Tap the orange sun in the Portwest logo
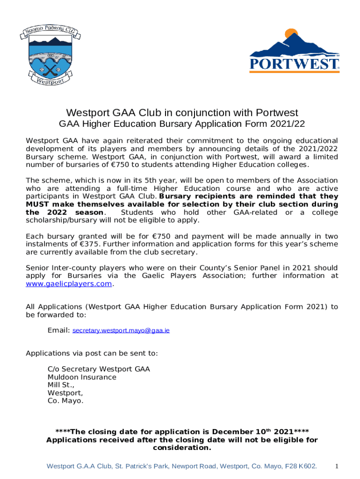pos(292,34)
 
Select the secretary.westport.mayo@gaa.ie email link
pos(121,330)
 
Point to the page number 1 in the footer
pos(336,466)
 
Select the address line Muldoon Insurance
pos(82,377)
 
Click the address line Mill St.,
pos(61,385)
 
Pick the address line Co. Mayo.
pos(65,401)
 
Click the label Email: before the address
pos(58,330)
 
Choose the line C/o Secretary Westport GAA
pos(99,369)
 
